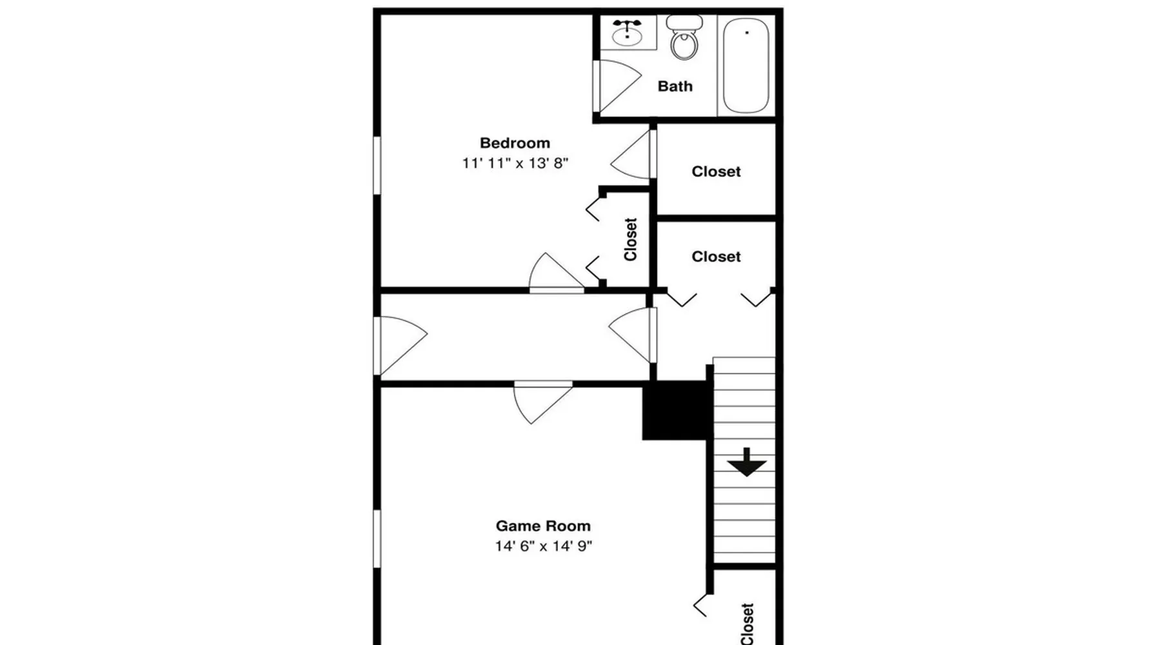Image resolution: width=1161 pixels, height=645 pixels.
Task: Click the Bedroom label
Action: pyautogui.click(x=515, y=143)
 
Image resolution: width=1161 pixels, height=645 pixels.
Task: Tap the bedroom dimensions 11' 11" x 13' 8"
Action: pyautogui.click(x=515, y=163)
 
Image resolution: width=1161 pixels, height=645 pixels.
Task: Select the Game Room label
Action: pyautogui.click(x=543, y=526)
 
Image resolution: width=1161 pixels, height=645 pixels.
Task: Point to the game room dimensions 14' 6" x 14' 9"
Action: pyautogui.click(x=543, y=546)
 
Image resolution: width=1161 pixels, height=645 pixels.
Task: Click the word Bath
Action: pyautogui.click(x=675, y=86)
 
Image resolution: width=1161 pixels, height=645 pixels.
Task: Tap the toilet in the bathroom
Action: pyautogui.click(x=684, y=38)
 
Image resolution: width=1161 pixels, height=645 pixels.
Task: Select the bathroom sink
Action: pyautogui.click(x=627, y=33)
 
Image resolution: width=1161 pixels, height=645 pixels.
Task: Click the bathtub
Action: pyautogui.click(x=746, y=65)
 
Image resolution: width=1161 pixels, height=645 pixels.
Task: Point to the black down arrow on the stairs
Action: pyautogui.click(x=747, y=462)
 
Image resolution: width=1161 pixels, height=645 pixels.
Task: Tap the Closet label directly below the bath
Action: pyautogui.click(x=716, y=172)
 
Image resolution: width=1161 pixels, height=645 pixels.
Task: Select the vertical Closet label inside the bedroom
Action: pyautogui.click(x=631, y=239)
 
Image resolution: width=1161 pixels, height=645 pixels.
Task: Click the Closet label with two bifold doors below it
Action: pyautogui.click(x=716, y=257)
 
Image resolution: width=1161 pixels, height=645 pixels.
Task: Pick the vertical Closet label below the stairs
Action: pyautogui.click(x=748, y=624)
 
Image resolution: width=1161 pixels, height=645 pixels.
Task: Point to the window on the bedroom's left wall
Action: pyautogui.click(x=377, y=165)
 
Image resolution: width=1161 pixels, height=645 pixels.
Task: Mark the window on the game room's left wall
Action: pyautogui.click(x=377, y=539)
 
